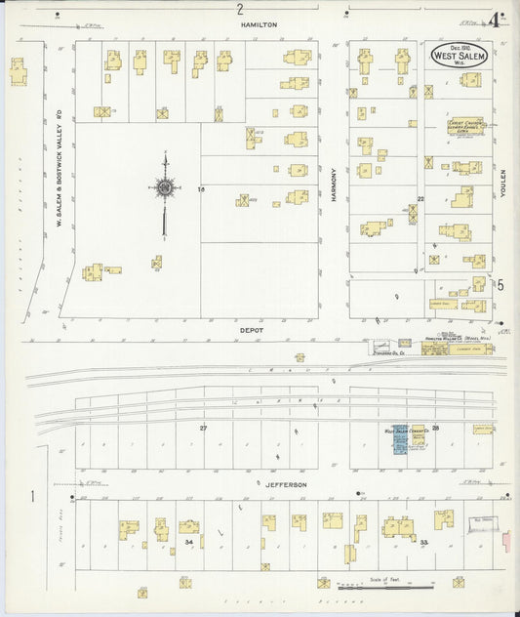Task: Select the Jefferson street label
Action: click(286, 484)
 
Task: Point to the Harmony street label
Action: click(333, 183)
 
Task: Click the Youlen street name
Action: click(504, 181)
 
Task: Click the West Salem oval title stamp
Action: click(459, 55)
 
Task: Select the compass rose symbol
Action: click(164, 187)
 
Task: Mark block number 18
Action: click(201, 188)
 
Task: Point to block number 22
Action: click(421, 198)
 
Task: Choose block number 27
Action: click(204, 429)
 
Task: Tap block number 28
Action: click(436, 428)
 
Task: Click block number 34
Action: click(188, 541)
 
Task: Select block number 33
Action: click(424, 540)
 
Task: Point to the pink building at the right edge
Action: click(507, 539)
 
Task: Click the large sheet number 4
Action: click(497, 17)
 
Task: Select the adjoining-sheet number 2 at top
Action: click(240, 9)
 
